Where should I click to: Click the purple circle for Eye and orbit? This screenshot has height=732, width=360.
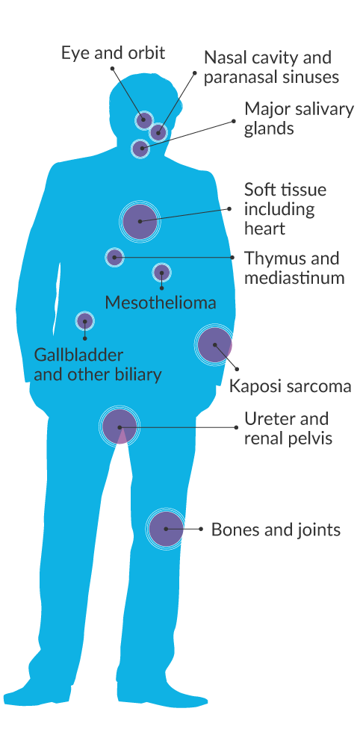click(144, 120)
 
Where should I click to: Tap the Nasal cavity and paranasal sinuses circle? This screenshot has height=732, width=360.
click(158, 133)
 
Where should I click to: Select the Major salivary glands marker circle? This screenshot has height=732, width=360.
click(140, 149)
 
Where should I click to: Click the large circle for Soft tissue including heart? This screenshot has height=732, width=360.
click(140, 221)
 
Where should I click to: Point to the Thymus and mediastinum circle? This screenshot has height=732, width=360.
click(114, 257)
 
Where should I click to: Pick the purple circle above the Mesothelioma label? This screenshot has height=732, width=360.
click(161, 273)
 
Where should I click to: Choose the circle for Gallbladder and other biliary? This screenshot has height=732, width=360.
click(84, 321)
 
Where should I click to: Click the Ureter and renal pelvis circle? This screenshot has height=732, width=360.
click(120, 427)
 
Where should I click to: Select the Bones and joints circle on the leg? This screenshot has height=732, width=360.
click(166, 529)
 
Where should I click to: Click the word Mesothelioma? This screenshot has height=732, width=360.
click(161, 303)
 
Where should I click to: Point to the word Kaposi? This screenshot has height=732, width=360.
click(254, 387)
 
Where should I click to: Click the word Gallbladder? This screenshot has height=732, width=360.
click(78, 356)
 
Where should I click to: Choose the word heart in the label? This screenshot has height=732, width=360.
click(264, 229)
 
